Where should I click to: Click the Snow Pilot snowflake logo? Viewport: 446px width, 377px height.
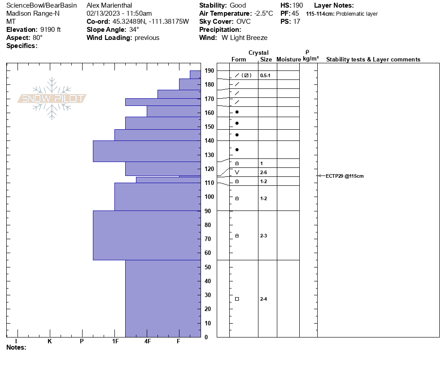pos(52,98)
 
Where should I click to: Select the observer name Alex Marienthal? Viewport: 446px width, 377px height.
pos(109,5)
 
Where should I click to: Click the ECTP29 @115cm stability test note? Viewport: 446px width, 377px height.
pos(344,176)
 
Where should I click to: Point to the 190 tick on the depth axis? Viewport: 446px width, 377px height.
pos(209,70)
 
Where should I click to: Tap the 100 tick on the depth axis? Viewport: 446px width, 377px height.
pos(209,197)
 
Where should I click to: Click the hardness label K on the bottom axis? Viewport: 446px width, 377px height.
pos(49,341)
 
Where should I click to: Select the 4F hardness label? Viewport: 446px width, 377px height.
pos(148,341)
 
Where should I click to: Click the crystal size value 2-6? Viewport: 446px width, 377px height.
pos(264,172)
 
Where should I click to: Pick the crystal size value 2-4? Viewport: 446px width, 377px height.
pos(264,299)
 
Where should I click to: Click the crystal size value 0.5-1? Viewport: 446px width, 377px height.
pos(265,75)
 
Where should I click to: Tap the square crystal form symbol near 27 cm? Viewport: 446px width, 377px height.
pos(237,299)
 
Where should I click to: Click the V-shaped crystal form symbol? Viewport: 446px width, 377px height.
pos(237,172)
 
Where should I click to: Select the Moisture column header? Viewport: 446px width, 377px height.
pos(289,59)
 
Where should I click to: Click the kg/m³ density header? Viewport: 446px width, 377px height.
pos(310,59)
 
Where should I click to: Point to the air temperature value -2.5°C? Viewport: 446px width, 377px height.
pos(263,13)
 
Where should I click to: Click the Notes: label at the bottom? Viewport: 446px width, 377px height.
pos(16,347)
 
